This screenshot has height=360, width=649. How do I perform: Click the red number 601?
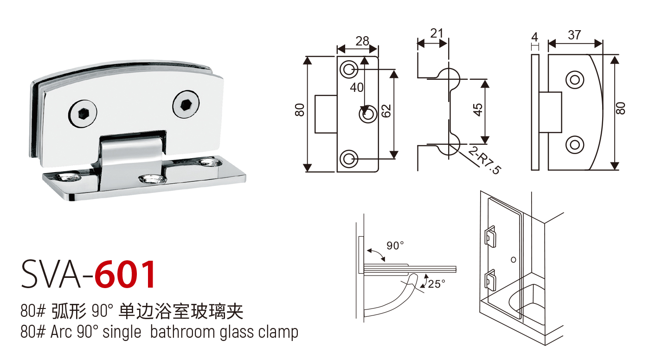[x=125, y=275]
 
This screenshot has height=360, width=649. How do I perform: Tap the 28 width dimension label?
[x=362, y=41]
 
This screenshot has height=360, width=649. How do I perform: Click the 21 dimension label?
[x=437, y=33]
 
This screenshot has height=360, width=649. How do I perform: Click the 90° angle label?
[x=395, y=246]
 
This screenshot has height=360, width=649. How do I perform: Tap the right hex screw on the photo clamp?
[x=186, y=104]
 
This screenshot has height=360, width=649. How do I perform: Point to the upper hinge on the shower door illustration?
[x=490, y=236]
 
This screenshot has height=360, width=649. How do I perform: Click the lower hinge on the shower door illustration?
[x=490, y=280]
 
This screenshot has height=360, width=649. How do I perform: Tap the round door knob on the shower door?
[x=513, y=258]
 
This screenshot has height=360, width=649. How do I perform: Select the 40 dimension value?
[x=357, y=87]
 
